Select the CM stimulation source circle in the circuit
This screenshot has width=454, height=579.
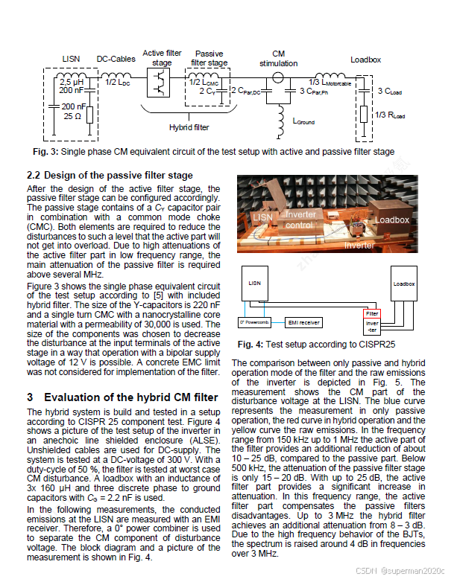279,77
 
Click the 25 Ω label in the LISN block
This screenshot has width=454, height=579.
72,117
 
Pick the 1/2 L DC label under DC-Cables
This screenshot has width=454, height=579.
119,81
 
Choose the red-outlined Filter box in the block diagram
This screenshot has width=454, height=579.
372,314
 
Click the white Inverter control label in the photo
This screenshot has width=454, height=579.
300,220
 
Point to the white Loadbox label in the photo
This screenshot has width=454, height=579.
391,220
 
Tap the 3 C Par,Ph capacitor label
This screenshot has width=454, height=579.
316,91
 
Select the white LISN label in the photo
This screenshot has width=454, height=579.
262,217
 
